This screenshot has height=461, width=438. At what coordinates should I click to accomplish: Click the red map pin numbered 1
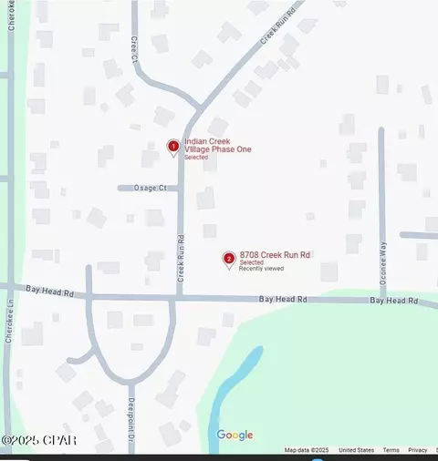[173, 146]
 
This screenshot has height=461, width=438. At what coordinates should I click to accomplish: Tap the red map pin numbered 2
[228, 260]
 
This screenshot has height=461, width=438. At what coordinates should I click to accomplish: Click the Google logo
[235, 435]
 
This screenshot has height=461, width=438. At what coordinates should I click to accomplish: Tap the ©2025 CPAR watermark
[39, 441]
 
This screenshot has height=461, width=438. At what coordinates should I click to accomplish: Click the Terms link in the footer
[391, 450]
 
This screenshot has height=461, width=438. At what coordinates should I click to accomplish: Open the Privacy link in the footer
[418, 450]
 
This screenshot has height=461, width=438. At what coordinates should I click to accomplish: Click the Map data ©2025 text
[306, 450]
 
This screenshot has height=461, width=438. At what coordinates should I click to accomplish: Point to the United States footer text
[356, 450]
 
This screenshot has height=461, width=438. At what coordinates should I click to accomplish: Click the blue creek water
[228, 392]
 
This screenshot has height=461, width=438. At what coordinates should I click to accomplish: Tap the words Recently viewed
[261, 270]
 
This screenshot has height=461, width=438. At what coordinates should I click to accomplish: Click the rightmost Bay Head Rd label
[393, 300]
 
